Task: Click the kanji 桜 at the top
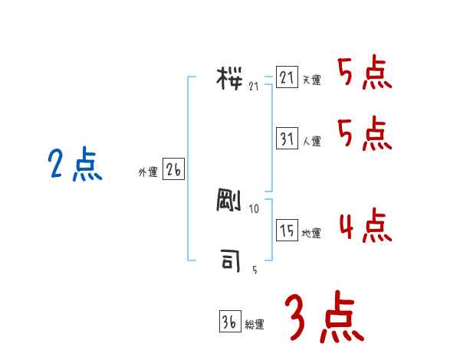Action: pyautogui.click(x=231, y=78)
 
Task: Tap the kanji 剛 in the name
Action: pyautogui.click(x=231, y=201)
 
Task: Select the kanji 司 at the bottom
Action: pyautogui.click(x=231, y=261)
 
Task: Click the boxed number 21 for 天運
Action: pyautogui.click(x=287, y=78)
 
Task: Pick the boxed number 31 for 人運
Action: pyautogui.click(x=287, y=139)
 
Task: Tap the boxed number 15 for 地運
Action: pyautogui.click(x=287, y=231)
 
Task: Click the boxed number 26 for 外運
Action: pyautogui.click(x=174, y=171)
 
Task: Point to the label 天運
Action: pyautogui.click(x=311, y=80)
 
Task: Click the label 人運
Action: pyautogui.click(x=311, y=141)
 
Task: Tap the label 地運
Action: pyautogui.click(x=311, y=233)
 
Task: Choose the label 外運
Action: pyautogui.click(x=148, y=173)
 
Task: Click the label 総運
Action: pyautogui.click(x=255, y=324)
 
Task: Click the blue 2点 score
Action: pyautogui.click(x=75, y=165)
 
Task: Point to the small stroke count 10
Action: pyautogui.click(x=255, y=209)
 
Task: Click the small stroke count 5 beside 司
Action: pyautogui.click(x=255, y=270)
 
